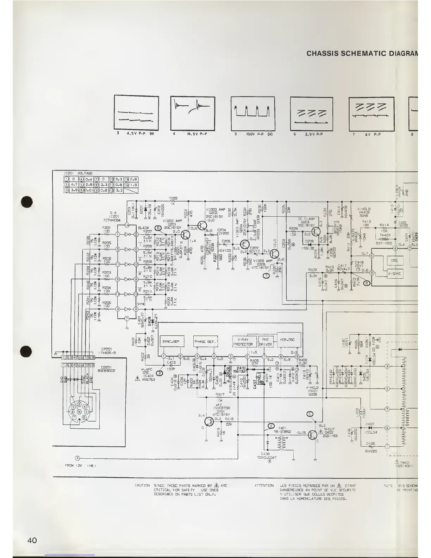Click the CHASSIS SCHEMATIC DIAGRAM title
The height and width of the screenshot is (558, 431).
click(x=362, y=54)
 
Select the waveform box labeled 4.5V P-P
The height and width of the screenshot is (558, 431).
click(x=137, y=113)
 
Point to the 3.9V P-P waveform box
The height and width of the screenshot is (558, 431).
click(x=311, y=113)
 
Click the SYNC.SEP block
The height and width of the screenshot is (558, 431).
click(x=171, y=341)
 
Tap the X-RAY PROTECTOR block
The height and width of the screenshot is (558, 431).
click(x=243, y=342)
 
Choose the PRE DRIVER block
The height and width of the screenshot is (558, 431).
click(x=266, y=342)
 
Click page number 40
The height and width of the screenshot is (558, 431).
click(x=32, y=540)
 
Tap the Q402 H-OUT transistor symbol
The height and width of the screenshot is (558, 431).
click(x=312, y=435)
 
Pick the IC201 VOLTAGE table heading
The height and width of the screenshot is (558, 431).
click(x=78, y=173)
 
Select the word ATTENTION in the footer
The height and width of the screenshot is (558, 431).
click(x=264, y=485)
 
